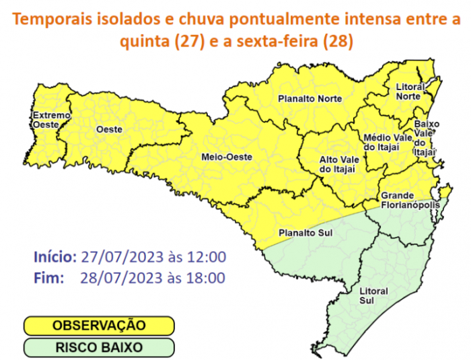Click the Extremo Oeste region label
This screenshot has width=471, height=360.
click(x=51, y=119)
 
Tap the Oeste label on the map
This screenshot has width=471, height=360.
click(x=104, y=128)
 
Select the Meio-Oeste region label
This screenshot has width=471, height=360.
click(x=227, y=157)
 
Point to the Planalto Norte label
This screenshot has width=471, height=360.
click(x=310, y=99)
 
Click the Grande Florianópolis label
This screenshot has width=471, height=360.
click(x=410, y=199)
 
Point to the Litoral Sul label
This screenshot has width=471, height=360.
click(x=373, y=295)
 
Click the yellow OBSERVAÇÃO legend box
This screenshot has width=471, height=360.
click(x=99, y=326)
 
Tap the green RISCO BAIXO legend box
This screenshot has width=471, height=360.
click(x=99, y=347)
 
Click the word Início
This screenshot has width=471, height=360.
click(x=55, y=257)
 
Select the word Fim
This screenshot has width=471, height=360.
click(x=48, y=277)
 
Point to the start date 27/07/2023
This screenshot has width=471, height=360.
click(x=118, y=257)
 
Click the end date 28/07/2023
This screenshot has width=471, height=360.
click(x=118, y=277)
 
